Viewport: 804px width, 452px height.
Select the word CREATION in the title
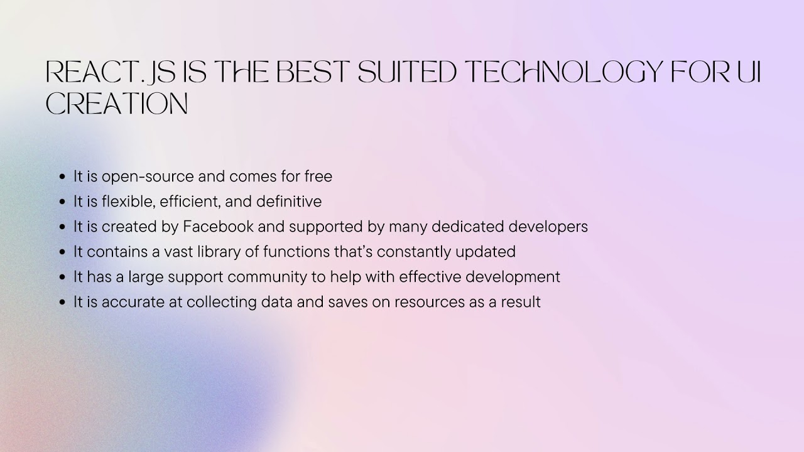point(117,104)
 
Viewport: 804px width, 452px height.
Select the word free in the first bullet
point(318,176)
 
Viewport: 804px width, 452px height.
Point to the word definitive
point(287,202)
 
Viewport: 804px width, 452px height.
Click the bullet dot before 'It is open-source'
point(62,177)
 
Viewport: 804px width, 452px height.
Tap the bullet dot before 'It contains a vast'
point(62,252)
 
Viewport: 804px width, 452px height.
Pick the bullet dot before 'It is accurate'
point(62,303)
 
